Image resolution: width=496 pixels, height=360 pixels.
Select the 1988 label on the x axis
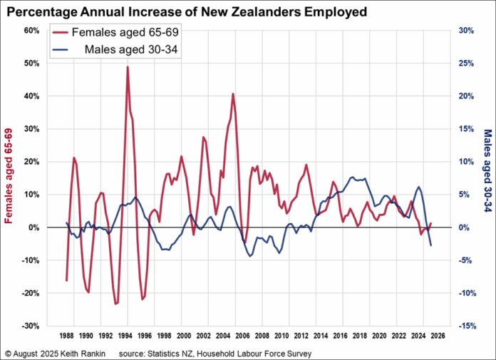66,335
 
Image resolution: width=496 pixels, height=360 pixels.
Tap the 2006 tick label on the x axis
243,335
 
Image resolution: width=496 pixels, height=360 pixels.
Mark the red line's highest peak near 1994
127,67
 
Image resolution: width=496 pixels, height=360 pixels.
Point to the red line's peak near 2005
232,94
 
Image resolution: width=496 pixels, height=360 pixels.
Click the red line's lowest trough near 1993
115,304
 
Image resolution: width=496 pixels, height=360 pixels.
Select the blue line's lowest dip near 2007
250,256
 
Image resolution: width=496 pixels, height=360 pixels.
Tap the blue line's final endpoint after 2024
431,246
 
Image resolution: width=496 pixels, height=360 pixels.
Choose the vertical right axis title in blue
487,180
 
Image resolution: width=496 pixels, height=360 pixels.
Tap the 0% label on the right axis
463,227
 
